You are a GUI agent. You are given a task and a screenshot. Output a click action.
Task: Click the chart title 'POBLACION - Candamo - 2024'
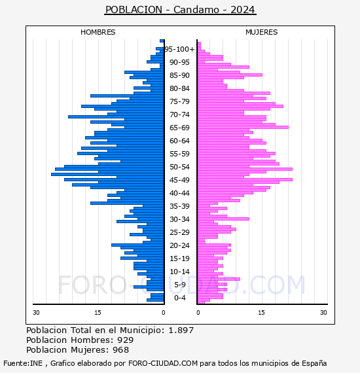point(180,10)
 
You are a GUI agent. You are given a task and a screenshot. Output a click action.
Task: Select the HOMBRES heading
point(98,32)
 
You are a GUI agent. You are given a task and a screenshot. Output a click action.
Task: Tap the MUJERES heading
point(262,32)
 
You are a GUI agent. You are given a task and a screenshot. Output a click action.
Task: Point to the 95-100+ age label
point(179,49)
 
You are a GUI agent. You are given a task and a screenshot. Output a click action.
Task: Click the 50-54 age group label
point(179,167)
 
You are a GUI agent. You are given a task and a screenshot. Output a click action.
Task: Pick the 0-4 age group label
point(180,298)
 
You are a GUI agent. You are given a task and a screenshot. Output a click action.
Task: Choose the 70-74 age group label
point(179,115)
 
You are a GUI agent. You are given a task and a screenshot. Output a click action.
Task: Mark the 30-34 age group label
point(179,219)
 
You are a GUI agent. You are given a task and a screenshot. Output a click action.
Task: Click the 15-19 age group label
point(179,258)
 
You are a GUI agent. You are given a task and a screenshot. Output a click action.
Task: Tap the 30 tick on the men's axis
point(36,312)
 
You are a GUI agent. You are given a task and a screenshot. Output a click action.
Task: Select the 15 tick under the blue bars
point(98,312)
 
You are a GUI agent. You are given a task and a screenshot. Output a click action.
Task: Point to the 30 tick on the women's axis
point(323,312)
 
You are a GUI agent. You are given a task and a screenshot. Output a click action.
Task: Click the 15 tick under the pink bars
point(262,312)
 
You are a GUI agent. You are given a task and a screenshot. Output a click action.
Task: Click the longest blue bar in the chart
point(107,174)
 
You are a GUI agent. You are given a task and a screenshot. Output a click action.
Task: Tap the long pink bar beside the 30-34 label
point(223,219)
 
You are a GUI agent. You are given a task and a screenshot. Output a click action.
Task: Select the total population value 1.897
point(181,330)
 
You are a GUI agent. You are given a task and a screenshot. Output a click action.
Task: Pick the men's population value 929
point(126,340)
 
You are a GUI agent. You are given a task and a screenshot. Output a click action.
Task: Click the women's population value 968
point(120,349)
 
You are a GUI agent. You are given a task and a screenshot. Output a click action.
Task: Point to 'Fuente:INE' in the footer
point(23,363)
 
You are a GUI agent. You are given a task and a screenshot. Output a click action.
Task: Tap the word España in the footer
point(314,363)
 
